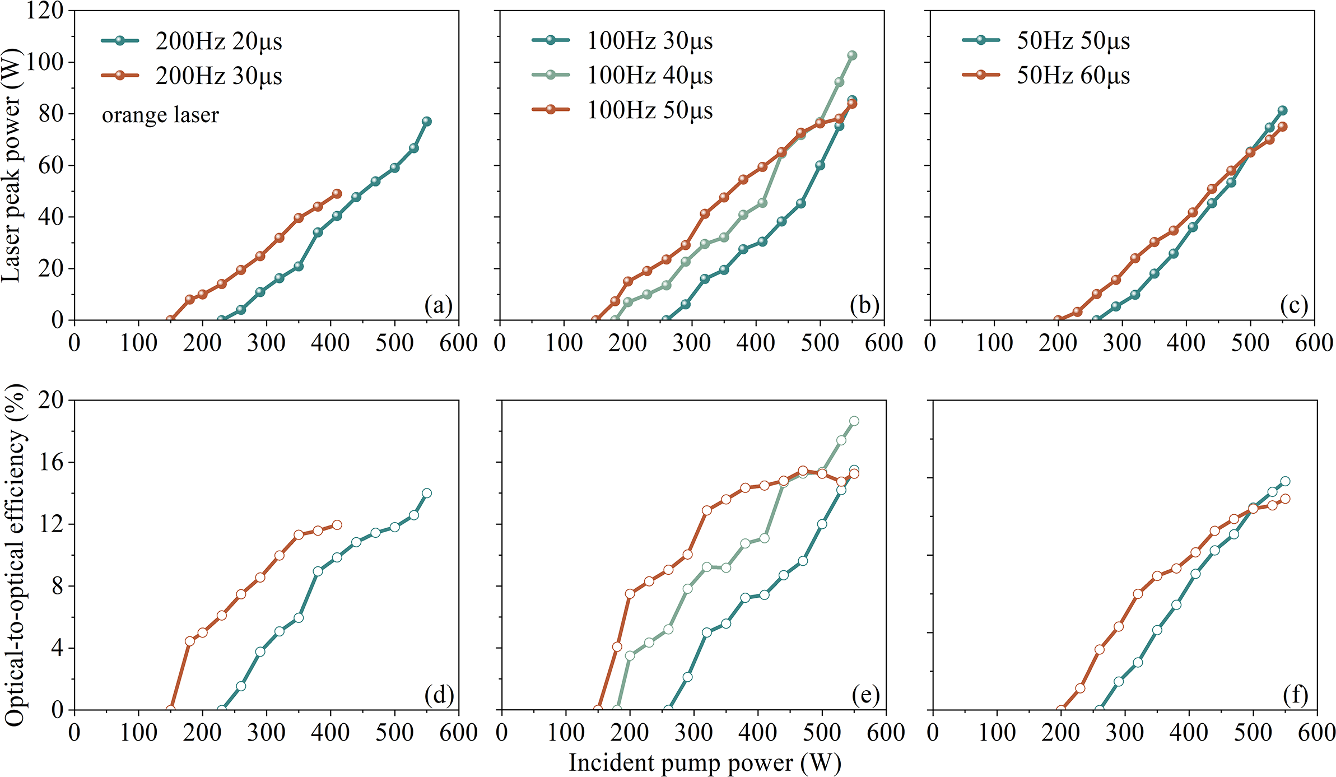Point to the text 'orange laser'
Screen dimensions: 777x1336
160,115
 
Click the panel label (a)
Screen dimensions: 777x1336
438,305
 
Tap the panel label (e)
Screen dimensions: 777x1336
865,695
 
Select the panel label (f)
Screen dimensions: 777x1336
1295,695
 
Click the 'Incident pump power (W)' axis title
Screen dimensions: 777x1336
705,763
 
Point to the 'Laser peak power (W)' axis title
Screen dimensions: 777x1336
11,165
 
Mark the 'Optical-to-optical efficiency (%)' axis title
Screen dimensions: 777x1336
15,555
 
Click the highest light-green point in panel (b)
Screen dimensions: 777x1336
852,55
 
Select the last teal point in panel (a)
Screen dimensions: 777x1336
426,122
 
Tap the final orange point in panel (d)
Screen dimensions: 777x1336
337,525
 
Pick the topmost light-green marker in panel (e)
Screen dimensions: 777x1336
854,421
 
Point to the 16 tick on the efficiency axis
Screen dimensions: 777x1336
51,462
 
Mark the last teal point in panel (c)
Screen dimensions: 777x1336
1282,111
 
